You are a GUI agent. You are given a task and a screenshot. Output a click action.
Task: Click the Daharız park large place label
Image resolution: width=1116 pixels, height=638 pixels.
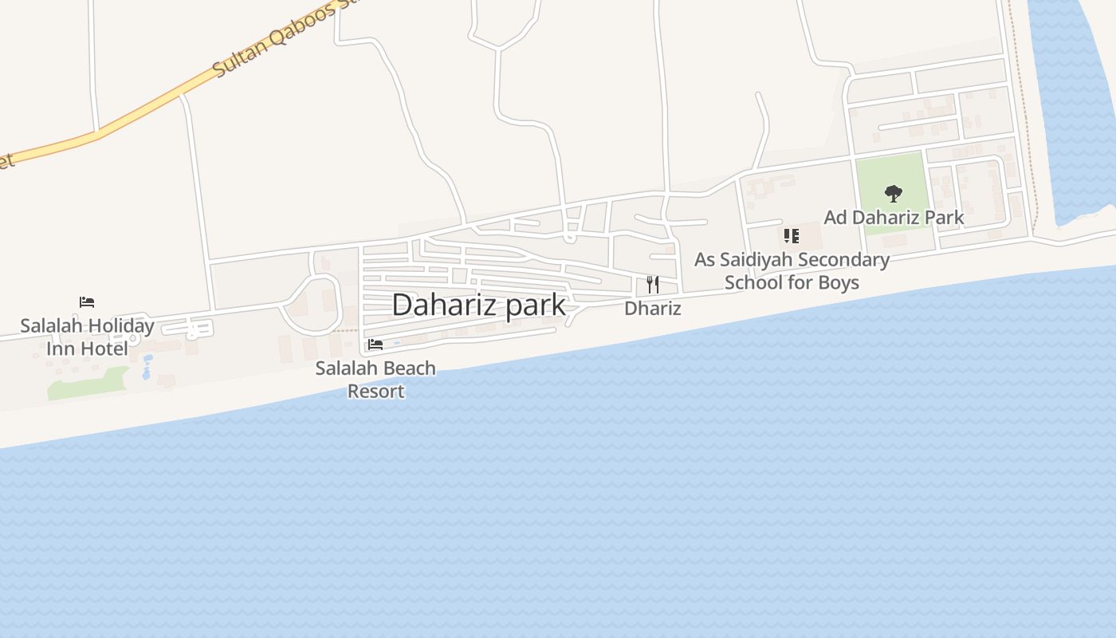coord(478,305)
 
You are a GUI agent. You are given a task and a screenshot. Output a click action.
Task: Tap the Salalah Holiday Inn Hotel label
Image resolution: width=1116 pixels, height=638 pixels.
coord(87,337)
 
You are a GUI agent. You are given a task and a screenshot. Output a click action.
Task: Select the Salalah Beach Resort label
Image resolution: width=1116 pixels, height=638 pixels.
coord(375,379)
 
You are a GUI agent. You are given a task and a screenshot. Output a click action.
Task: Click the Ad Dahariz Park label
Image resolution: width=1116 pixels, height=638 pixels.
coord(894,217)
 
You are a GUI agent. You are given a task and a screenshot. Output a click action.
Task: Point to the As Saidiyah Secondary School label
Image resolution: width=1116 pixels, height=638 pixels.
coord(792,270)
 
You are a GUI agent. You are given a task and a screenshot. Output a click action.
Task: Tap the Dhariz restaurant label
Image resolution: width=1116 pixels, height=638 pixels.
coord(652,309)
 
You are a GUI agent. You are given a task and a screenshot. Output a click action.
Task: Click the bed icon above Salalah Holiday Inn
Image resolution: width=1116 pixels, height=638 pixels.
coord(87,301)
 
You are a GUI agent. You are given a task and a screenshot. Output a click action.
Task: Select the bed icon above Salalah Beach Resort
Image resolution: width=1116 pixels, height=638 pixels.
coord(375,345)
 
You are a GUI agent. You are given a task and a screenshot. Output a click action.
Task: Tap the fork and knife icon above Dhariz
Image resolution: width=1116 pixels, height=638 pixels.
coord(652,285)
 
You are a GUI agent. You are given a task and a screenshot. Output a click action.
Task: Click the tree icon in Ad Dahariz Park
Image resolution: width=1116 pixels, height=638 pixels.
coord(894,193)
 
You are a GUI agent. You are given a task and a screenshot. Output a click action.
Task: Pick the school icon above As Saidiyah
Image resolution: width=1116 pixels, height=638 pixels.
coord(791,235)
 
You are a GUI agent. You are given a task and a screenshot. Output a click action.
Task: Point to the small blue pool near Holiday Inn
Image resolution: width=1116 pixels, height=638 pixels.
coord(147,368)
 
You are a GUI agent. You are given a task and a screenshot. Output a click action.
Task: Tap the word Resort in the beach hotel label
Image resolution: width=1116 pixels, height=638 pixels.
coord(375,391)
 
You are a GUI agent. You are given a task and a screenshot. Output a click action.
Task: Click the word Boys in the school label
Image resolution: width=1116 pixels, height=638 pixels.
coord(838,282)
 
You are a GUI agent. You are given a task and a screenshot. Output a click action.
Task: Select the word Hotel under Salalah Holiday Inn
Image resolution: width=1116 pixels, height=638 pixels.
coord(108,349)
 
